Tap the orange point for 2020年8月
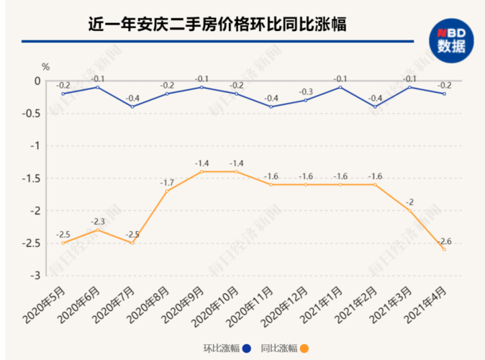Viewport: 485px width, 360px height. (167, 191)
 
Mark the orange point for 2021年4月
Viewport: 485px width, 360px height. (444, 249)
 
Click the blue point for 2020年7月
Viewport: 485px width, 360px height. (132, 107)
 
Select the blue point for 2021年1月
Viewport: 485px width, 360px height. (340, 87)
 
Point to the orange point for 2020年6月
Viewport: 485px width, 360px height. (98, 230)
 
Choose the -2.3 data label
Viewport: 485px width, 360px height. (98, 220)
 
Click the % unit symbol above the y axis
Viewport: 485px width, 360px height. (45, 67)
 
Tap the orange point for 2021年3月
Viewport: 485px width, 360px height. (409, 210)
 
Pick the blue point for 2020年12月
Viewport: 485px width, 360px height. (305, 100)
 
